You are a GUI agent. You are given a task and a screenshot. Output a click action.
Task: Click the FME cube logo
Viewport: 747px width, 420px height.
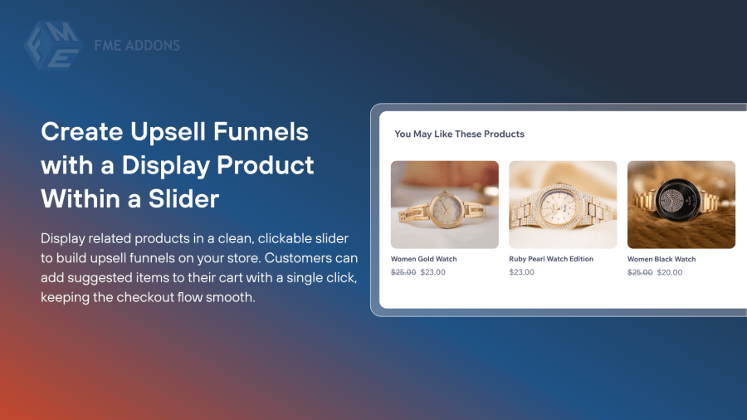coord(53,46)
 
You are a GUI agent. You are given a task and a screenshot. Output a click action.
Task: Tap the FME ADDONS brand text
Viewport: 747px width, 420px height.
coord(137,46)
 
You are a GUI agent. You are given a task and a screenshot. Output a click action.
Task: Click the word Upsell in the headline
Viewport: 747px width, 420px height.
coord(168,132)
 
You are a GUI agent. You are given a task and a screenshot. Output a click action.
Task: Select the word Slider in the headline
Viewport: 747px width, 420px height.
coord(184,198)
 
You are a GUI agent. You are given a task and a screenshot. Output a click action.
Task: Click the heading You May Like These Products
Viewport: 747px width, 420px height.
coord(459,134)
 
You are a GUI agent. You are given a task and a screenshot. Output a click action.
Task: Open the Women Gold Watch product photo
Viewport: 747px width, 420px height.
coord(445,205)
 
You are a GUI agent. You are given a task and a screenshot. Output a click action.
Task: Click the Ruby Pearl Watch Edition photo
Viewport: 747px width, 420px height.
coord(563,205)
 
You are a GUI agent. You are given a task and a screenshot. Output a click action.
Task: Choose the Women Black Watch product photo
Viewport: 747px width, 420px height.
coord(681,205)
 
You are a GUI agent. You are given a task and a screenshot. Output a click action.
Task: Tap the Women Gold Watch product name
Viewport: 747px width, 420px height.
coord(423,259)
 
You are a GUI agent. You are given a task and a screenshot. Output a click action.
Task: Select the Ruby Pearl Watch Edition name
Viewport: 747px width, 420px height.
coord(551,259)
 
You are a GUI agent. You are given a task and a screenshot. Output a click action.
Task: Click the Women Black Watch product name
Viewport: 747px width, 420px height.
coord(662,259)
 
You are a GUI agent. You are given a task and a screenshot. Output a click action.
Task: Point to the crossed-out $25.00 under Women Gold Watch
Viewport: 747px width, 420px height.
coord(403,272)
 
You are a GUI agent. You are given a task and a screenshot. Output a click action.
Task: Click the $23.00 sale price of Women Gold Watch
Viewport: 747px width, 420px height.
coord(433,272)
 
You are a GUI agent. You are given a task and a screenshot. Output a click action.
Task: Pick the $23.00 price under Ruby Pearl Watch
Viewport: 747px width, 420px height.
coord(522,272)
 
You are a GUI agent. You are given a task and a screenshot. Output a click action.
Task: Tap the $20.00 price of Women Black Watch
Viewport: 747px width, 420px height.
coord(669,272)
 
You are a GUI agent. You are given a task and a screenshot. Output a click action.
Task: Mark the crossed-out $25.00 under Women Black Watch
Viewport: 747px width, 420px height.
coord(640,272)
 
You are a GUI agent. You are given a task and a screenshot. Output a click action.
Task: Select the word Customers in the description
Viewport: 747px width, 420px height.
coord(298,258)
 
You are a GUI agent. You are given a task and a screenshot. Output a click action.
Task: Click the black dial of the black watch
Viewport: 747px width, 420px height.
coord(678,202)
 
